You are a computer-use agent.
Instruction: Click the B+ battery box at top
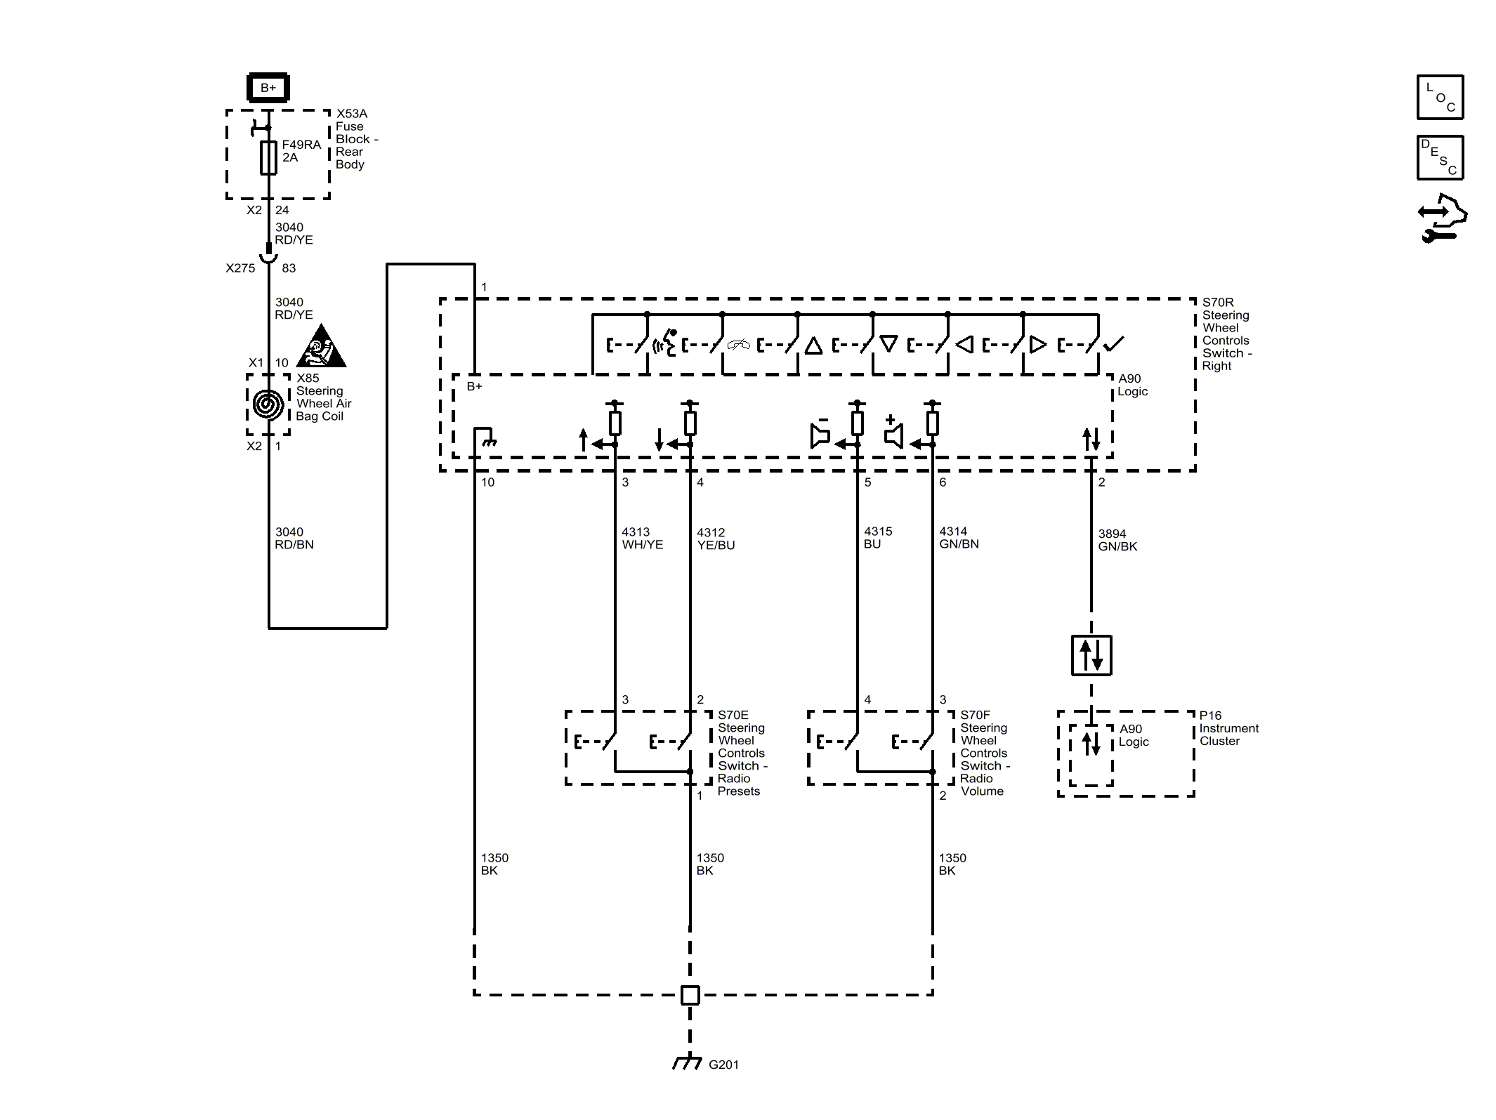pyautogui.click(x=268, y=88)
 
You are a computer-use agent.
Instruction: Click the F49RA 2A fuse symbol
pyautogui.click(x=268, y=157)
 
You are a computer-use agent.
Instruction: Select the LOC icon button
pyautogui.click(x=1440, y=98)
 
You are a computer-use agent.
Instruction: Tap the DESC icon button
pyautogui.click(x=1440, y=158)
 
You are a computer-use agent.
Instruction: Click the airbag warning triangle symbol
pyautogui.click(x=321, y=348)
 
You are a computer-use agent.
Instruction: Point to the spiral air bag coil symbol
pyautogui.click(x=268, y=404)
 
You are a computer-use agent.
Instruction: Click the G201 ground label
pyautogui.click(x=723, y=1065)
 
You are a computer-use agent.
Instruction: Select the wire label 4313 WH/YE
pyautogui.click(x=642, y=538)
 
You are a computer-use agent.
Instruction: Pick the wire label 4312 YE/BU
pyautogui.click(x=715, y=539)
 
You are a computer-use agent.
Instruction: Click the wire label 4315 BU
pyautogui.click(x=877, y=538)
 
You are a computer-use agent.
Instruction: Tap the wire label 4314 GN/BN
pyautogui.click(x=958, y=538)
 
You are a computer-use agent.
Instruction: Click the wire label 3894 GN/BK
pyautogui.click(x=1117, y=540)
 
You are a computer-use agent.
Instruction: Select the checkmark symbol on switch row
pyautogui.click(x=1113, y=344)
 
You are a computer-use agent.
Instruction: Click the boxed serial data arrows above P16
pyautogui.click(x=1091, y=655)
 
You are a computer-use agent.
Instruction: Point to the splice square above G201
pyautogui.click(x=690, y=995)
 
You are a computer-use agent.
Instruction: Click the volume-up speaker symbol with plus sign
pyautogui.click(x=893, y=433)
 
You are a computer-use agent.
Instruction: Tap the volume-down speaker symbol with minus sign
pyautogui.click(x=820, y=433)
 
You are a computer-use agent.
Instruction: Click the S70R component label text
pyautogui.click(x=1226, y=334)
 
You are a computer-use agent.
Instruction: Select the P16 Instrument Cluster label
pyautogui.click(x=1228, y=728)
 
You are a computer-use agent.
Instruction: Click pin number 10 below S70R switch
pyautogui.click(x=487, y=482)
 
